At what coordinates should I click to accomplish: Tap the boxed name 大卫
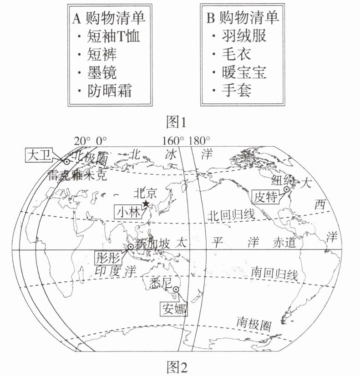point(40,155)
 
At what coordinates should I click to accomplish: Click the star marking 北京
point(146,204)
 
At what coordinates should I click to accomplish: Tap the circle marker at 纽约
point(287,189)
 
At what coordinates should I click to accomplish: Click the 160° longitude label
point(173,141)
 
